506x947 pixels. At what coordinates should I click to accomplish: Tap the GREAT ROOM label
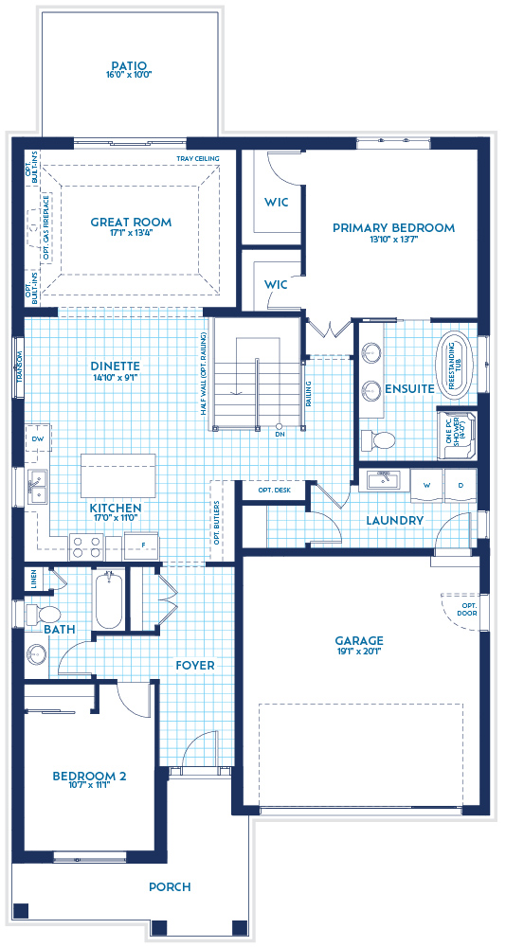131,223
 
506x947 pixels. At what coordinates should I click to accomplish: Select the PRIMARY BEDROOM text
393,227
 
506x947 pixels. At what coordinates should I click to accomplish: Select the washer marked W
426,485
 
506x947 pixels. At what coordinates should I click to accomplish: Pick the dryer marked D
461,485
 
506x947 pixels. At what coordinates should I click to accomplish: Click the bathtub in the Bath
107,599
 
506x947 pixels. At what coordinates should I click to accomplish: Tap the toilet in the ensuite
383,438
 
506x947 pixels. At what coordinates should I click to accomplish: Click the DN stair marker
280,434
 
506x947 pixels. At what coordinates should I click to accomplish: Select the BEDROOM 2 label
89,777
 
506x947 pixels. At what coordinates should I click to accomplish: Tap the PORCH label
170,887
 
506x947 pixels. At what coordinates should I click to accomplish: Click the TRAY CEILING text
197,159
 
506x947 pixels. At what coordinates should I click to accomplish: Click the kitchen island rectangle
118,474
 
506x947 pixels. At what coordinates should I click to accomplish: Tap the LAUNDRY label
393,521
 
